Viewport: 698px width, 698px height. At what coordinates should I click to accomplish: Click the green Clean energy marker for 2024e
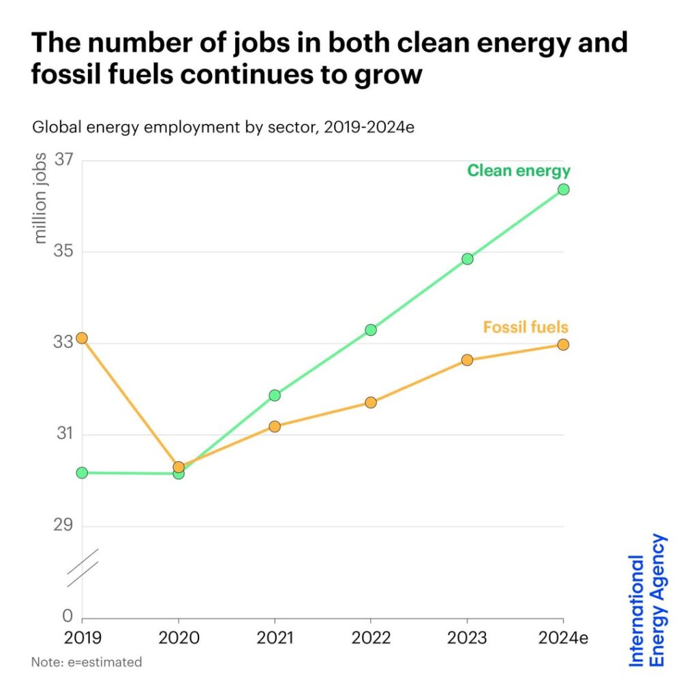tap(563, 189)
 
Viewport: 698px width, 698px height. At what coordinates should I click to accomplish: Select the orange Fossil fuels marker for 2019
tap(82, 338)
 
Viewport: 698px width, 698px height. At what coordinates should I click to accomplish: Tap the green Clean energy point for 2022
tap(371, 330)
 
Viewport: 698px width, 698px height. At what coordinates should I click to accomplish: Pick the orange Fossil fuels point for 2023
tap(467, 360)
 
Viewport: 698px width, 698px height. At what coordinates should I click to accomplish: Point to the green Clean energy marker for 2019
tap(82, 472)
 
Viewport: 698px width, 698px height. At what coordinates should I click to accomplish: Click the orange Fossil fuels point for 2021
tap(275, 427)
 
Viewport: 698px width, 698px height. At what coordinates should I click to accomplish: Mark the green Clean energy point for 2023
tap(467, 259)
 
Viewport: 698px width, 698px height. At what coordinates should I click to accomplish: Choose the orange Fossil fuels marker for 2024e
tap(563, 345)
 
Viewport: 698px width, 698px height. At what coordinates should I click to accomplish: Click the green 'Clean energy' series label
tap(518, 170)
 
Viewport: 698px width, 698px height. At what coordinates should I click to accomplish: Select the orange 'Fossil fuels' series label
tap(526, 327)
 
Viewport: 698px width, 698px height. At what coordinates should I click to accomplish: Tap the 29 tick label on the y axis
tap(63, 526)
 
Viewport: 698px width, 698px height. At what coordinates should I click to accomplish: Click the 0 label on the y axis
tap(67, 616)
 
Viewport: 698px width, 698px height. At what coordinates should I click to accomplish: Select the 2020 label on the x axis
tap(178, 639)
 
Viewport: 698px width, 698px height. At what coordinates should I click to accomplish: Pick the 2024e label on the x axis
tap(563, 639)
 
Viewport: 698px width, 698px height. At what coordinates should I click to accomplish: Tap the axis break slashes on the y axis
tap(82, 568)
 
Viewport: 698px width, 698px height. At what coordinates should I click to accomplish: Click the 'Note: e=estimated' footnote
tap(87, 662)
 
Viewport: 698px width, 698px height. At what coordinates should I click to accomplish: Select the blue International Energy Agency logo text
tap(647, 600)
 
